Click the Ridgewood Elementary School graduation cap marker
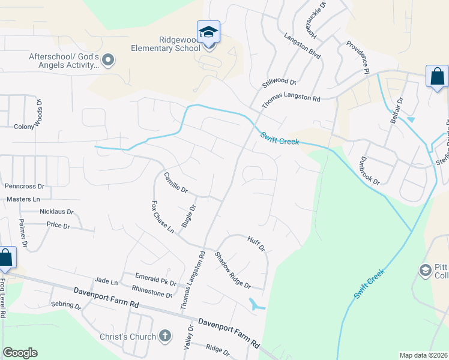[208, 32]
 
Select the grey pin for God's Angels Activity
[108, 59]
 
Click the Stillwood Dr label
[279, 82]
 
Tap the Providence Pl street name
[358, 58]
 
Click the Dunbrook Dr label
[369, 171]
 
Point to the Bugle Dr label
[188, 216]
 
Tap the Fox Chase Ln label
[163, 217]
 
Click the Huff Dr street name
[256, 244]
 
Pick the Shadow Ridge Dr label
[232, 269]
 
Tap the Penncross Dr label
[25, 187]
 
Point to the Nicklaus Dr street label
[56, 212]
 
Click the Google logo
[20, 353]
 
